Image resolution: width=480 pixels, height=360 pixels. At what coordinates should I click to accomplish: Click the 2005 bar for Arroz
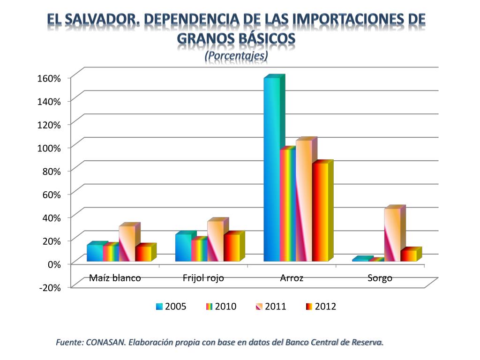tap(272, 169)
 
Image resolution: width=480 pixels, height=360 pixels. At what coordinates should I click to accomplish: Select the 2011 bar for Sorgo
tap(392, 234)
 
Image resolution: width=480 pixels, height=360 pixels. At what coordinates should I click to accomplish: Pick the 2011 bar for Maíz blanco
tap(127, 243)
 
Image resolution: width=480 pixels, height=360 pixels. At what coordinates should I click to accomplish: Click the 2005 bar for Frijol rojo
tap(183, 247)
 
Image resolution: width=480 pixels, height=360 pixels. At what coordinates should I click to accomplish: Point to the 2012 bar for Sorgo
tap(408, 255)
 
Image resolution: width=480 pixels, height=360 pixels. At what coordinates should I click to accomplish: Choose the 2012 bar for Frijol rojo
tap(232, 247)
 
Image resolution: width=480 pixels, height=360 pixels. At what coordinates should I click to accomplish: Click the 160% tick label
tap(49, 78)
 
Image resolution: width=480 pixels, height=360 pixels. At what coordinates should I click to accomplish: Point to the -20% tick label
tap(50, 288)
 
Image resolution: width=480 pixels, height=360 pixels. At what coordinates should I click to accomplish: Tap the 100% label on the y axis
tap(49, 148)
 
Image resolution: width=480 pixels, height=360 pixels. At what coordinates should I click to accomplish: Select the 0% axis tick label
tap(55, 264)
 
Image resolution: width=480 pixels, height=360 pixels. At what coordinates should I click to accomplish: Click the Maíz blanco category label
tap(115, 278)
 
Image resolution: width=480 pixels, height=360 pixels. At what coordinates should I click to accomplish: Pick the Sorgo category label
tap(380, 278)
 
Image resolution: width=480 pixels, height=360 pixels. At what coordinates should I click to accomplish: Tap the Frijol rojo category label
tap(203, 278)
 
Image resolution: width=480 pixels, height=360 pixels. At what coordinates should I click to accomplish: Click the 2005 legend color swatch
tap(160, 307)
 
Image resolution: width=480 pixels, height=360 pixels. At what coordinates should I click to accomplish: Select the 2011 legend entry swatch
tap(260, 307)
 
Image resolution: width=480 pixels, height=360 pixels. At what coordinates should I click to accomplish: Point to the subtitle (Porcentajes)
tap(236, 55)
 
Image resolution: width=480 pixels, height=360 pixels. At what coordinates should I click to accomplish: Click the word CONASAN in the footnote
tap(105, 342)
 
